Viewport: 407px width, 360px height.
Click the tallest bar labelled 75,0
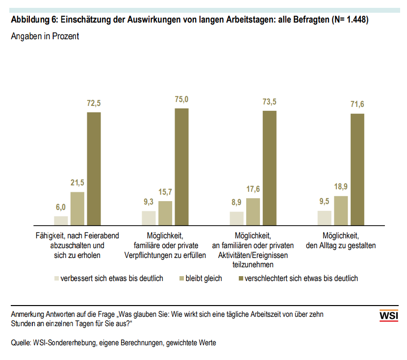[x=182, y=166]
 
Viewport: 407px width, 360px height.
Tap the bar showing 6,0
[x=61, y=220]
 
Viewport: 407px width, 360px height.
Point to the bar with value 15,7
[x=165, y=212]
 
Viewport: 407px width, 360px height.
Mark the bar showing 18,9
[x=341, y=210]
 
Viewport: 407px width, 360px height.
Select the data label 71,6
[x=357, y=104]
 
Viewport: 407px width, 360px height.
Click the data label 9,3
[x=149, y=202]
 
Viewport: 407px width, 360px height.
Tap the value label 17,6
[x=253, y=189]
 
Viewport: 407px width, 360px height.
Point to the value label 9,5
[x=324, y=201]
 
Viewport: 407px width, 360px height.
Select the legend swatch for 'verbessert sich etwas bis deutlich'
[x=56, y=279]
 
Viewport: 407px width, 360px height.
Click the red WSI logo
[x=389, y=316]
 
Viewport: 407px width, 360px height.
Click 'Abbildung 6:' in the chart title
[x=33, y=20]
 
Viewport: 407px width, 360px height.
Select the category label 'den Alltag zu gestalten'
[x=340, y=245]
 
